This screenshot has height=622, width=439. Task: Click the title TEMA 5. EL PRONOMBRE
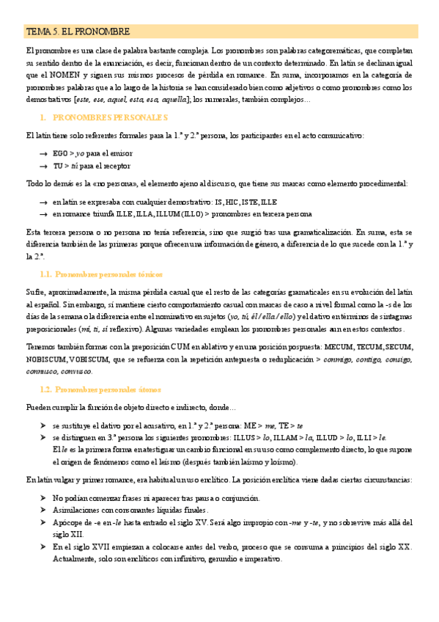(78, 32)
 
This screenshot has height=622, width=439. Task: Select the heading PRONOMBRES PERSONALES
(111, 117)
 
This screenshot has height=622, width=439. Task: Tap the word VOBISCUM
(90, 359)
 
